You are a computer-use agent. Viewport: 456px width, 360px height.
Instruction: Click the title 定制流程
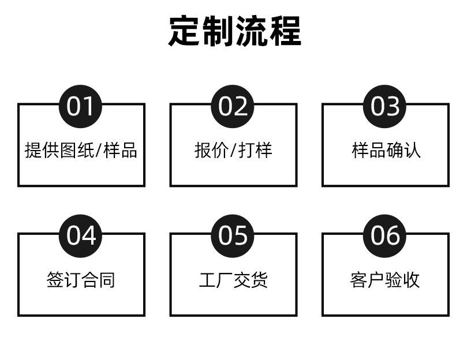235,31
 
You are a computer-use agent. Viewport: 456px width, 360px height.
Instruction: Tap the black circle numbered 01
80,106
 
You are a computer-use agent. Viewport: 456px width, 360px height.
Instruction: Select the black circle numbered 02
233,106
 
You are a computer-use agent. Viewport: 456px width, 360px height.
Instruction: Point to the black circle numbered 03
384,106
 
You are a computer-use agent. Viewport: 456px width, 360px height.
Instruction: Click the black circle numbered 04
80,236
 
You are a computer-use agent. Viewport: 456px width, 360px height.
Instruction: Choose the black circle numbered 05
233,236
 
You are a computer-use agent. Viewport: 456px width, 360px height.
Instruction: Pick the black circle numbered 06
384,236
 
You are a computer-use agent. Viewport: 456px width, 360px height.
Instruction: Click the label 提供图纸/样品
81,150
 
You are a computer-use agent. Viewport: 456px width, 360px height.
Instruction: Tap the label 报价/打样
233,150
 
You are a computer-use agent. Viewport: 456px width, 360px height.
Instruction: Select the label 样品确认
386,150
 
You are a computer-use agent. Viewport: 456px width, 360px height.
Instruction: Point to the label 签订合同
81,280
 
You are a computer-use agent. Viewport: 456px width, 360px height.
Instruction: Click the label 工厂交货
233,280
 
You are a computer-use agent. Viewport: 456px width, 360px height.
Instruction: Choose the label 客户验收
385,280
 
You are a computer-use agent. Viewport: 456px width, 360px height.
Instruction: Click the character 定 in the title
184,31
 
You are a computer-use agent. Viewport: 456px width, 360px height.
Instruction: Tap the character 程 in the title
285,31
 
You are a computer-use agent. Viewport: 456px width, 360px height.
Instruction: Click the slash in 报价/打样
233,151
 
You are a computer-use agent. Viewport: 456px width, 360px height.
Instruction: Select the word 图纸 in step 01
77,150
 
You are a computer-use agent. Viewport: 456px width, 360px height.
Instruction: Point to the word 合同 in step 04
98,280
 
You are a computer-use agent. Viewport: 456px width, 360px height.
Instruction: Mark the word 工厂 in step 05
216,280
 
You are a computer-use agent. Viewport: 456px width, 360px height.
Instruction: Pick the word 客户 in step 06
367,280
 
